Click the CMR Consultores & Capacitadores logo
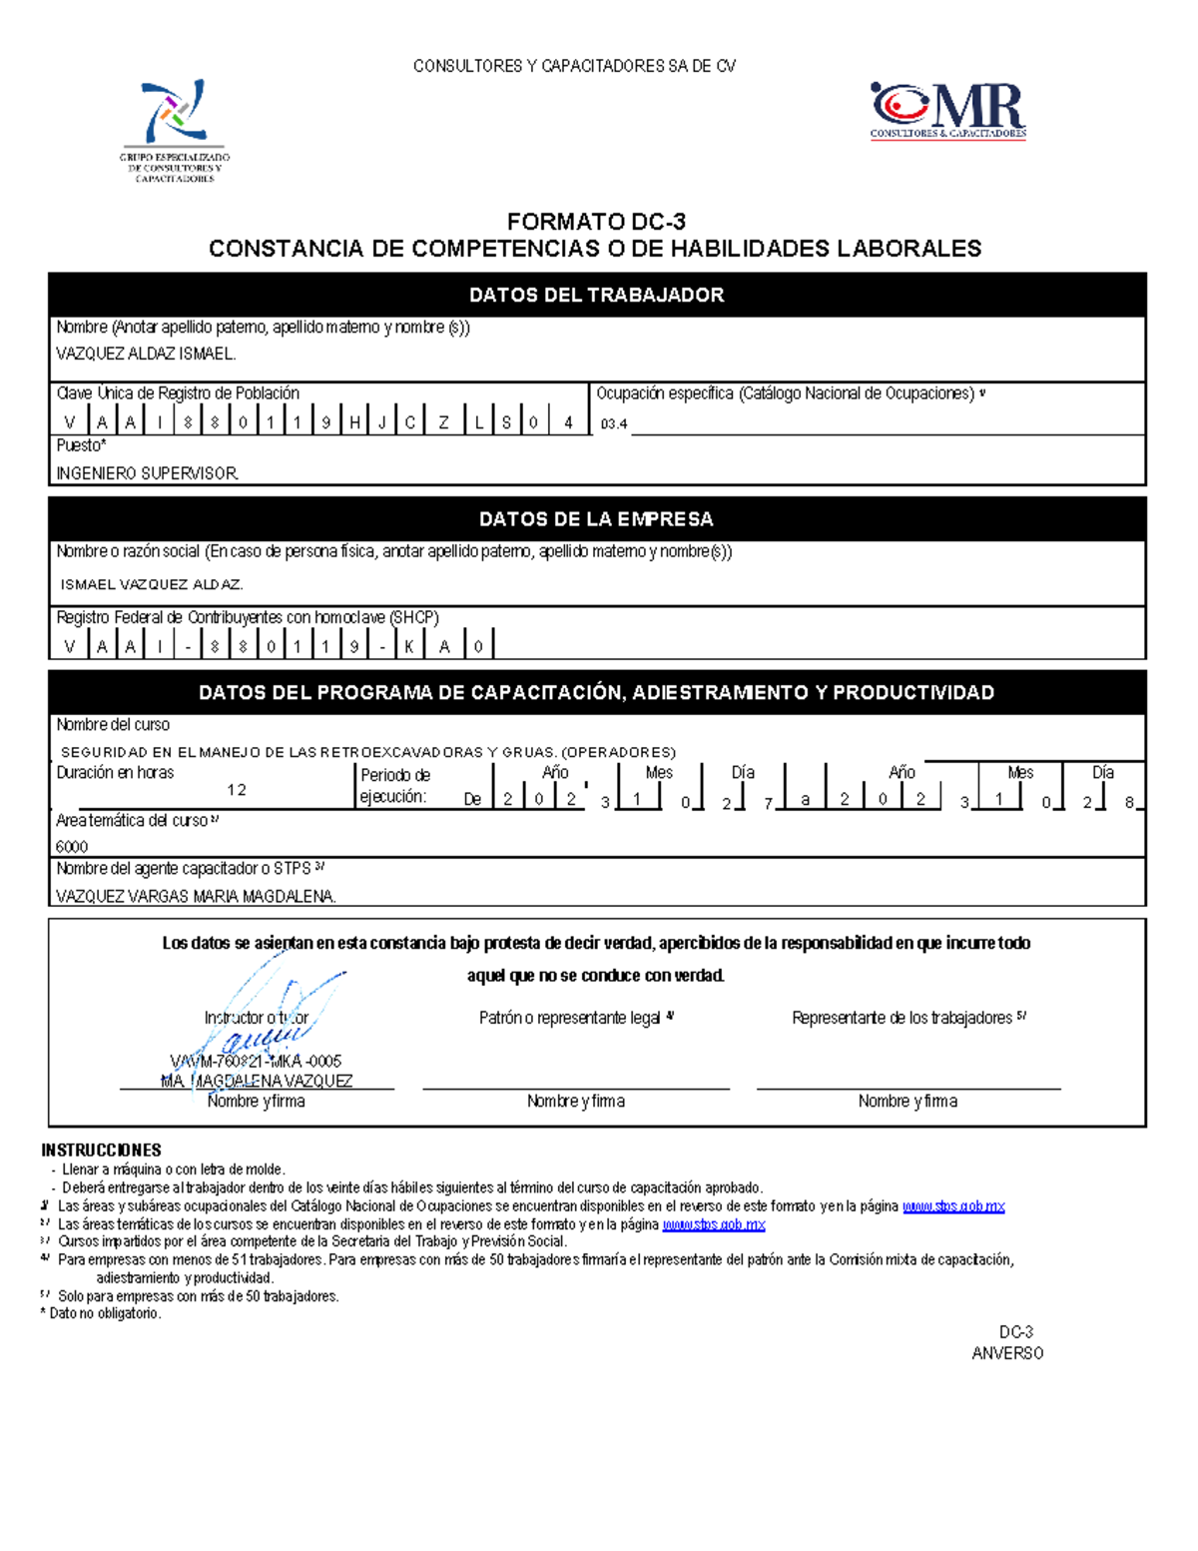[947, 110]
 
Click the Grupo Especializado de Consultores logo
[175, 130]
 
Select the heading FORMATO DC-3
[596, 222]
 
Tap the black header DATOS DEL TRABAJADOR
[596, 295]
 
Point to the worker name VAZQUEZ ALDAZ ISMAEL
[146, 354]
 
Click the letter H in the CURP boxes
[354, 422]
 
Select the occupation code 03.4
[614, 424]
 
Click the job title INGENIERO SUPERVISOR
[147, 473]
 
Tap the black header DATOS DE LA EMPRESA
[596, 519]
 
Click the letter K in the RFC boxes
[408, 646]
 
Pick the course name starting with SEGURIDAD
[368, 752]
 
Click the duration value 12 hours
[237, 790]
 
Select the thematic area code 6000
[72, 846]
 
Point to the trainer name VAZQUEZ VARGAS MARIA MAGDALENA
[196, 896]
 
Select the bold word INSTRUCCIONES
[101, 1150]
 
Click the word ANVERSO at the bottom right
[1007, 1353]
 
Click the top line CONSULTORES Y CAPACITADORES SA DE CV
[575, 66]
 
